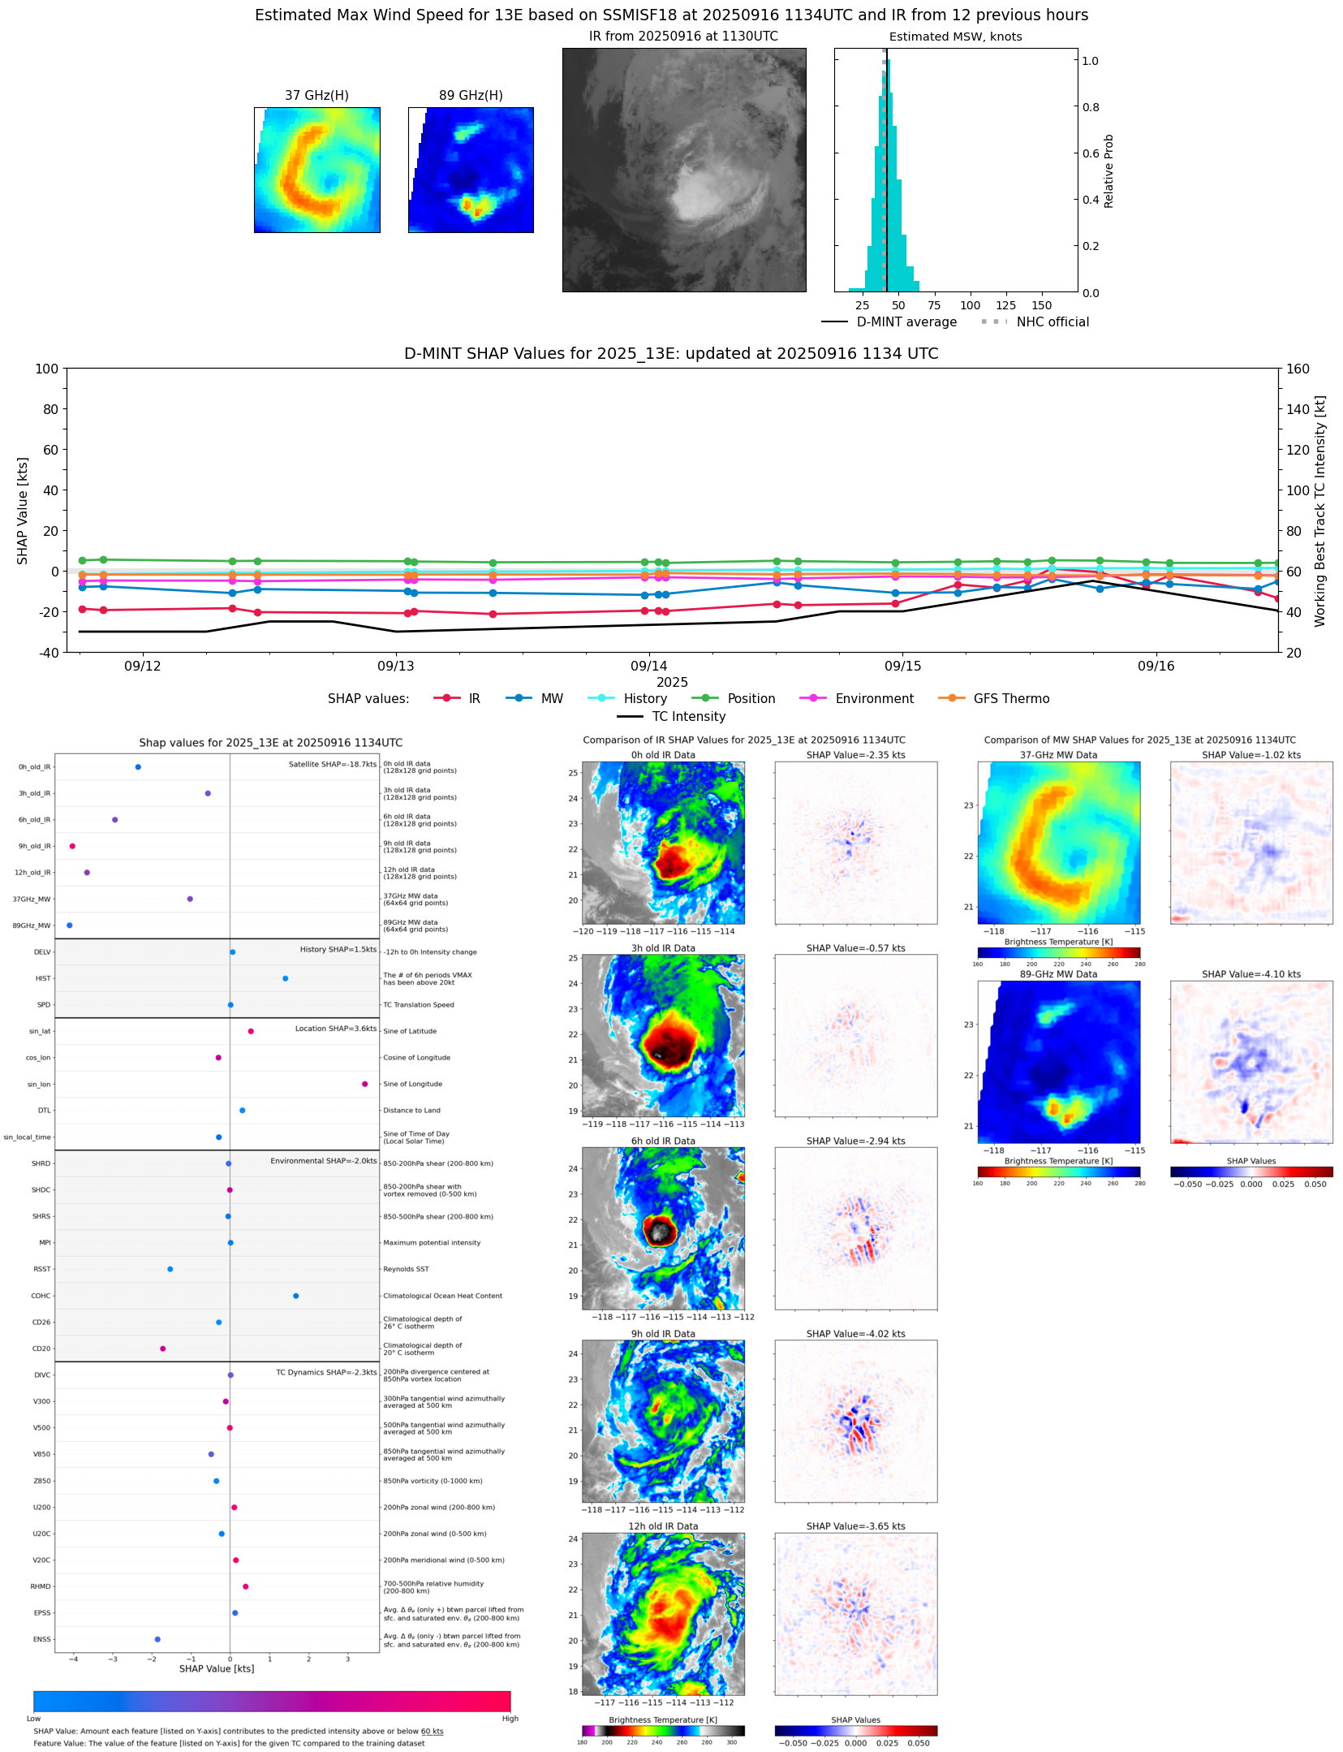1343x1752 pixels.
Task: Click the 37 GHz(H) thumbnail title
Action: point(316,96)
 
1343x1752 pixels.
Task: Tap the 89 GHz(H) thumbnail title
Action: point(471,96)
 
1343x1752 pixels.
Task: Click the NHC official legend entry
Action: point(1052,322)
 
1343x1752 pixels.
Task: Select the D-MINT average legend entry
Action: point(906,322)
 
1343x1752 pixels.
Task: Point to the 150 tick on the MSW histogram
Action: point(1041,305)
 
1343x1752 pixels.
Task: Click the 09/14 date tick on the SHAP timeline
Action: point(649,666)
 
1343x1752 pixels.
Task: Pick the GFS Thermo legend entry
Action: point(1011,699)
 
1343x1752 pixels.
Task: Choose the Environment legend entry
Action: point(874,699)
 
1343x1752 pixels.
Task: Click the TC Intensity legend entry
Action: point(688,717)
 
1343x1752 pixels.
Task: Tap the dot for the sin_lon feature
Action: point(364,1084)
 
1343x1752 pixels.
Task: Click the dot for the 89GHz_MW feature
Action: point(70,926)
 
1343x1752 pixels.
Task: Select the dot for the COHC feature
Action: point(295,1296)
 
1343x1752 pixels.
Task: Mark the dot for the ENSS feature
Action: point(157,1639)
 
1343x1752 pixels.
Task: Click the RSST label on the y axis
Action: point(41,1269)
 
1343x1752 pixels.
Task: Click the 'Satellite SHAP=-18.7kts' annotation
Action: point(332,764)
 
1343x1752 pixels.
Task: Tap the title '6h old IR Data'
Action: point(663,1141)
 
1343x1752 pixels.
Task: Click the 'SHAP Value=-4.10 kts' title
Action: point(1250,974)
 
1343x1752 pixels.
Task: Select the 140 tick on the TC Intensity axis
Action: point(1298,409)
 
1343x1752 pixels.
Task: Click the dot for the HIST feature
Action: point(285,978)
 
